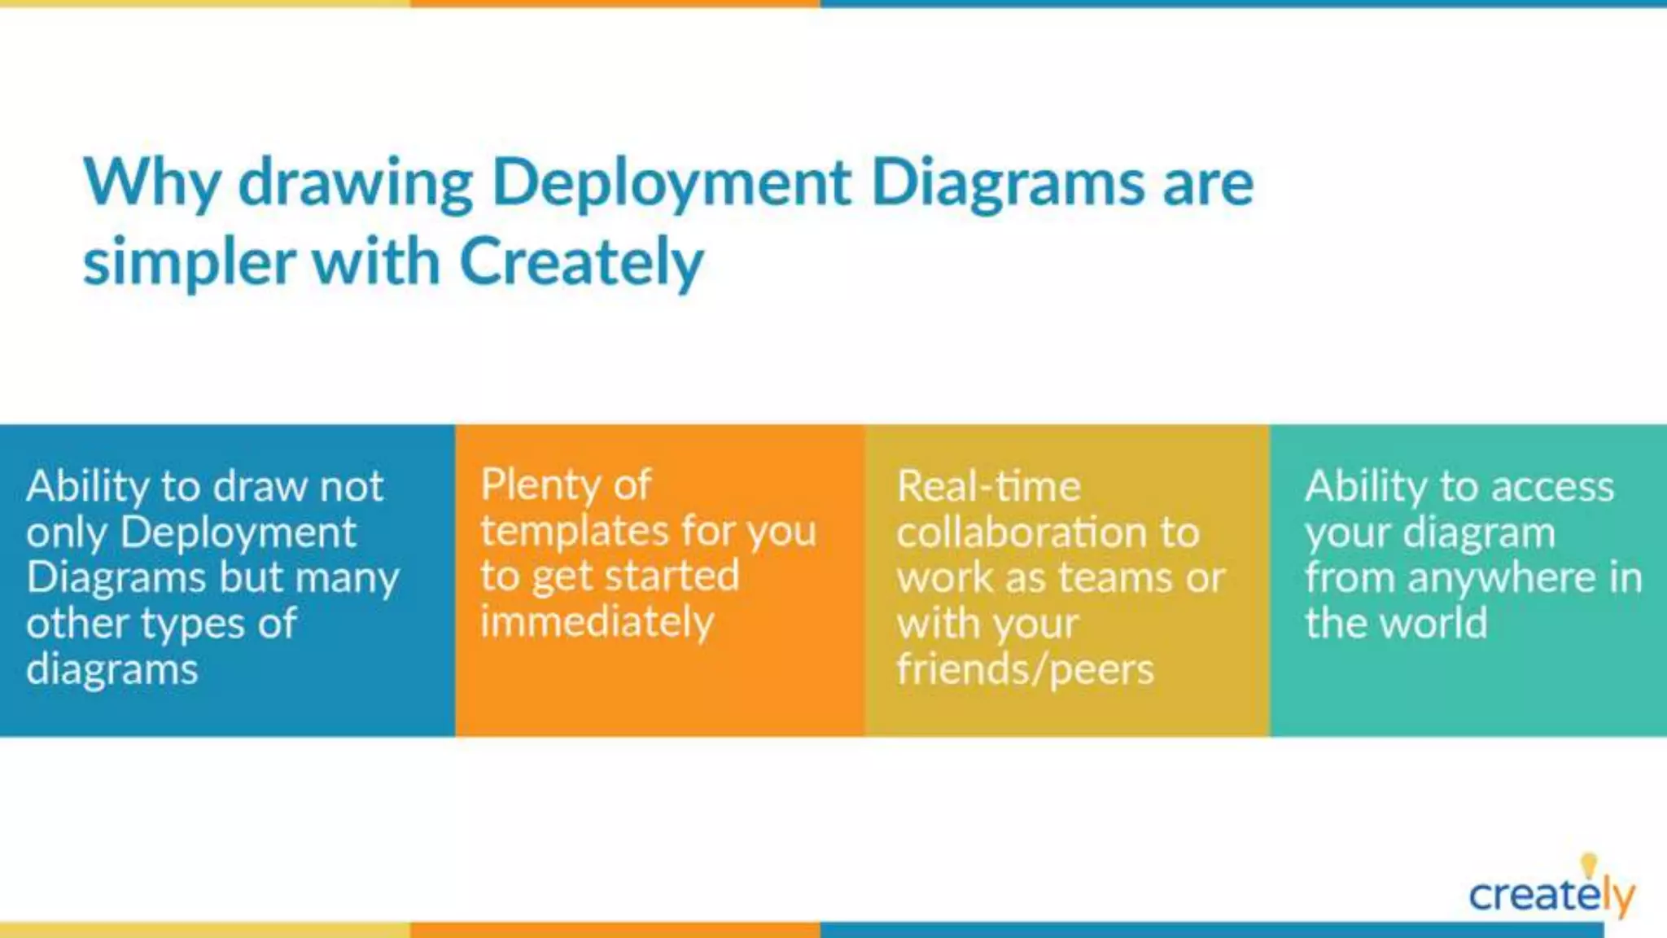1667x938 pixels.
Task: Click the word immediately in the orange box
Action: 597,622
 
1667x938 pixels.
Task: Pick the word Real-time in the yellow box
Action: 988,487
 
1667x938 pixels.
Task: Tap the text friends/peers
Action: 1025,669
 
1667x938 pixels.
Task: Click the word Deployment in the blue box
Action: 238,533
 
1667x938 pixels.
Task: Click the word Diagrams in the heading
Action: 1008,183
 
